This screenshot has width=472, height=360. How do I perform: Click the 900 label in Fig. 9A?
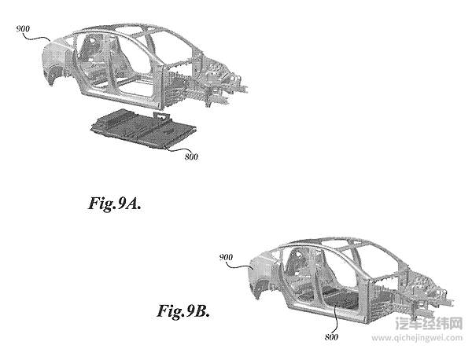point(23,29)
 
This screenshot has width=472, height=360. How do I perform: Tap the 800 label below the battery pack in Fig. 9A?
point(191,156)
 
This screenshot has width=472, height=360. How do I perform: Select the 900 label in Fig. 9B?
point(226,258)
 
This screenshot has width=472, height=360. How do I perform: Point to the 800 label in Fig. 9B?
point(331,337)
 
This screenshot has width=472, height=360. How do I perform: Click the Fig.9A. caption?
point(115,204)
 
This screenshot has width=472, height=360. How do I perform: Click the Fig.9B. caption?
point(183,310)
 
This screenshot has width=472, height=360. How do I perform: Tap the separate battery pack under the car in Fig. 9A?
point(144,128)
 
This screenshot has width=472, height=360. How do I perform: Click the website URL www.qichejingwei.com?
point(417,337)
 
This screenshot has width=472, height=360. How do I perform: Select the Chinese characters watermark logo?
point(429,324)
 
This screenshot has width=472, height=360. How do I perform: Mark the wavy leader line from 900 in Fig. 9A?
point(37,36)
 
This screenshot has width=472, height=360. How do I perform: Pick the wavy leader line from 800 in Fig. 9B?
point(337,319)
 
